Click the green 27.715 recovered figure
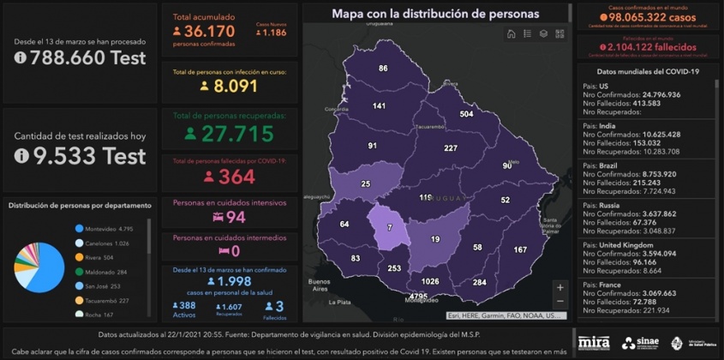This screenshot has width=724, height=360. pos(229,134)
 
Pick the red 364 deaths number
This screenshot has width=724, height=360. pos(229,177)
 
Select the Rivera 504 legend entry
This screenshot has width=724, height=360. pos(99,256)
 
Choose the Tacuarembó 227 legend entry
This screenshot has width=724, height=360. pos(107,300)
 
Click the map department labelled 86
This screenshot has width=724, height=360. pos(383,69)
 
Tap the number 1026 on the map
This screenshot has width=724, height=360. pos(430,281)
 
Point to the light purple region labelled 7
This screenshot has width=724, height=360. pos(389,227)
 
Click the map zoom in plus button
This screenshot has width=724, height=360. pos(559,288)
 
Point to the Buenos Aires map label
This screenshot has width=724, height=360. pos(319,284)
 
